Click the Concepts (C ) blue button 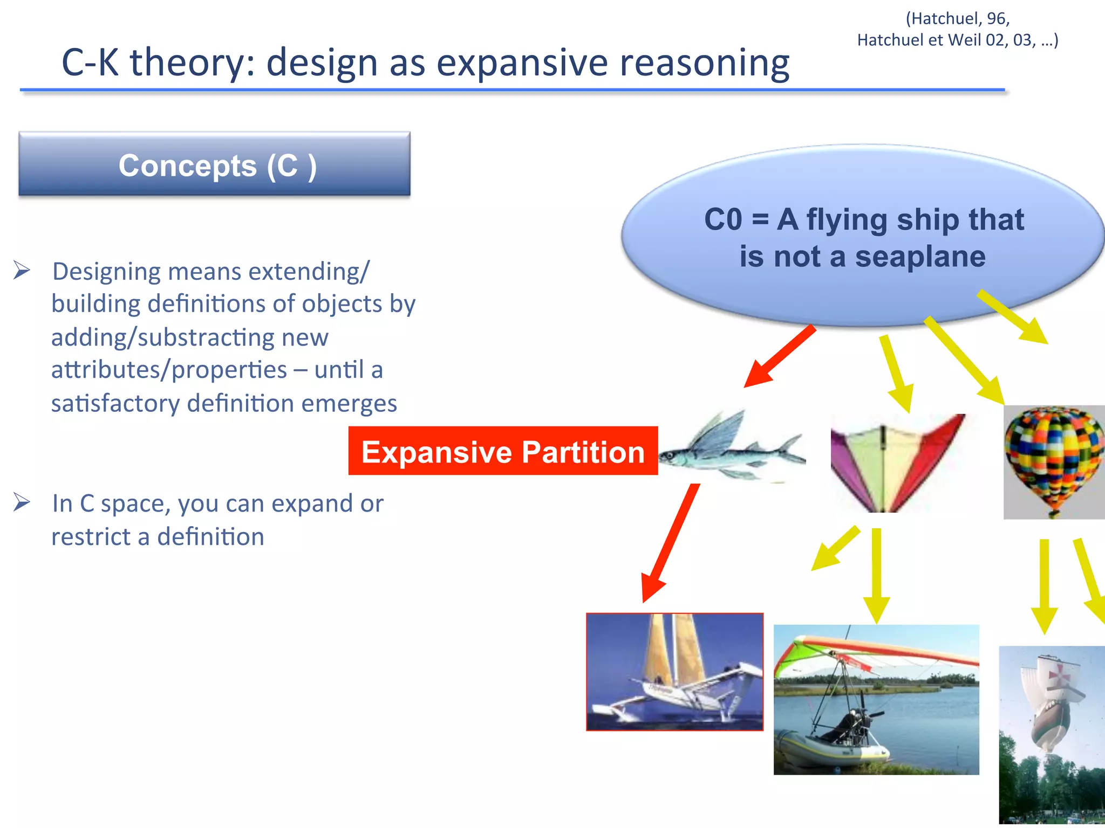coord(214,164)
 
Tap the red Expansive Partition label coord(503,451)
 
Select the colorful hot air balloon coord(1054,461)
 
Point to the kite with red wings coord(898,463)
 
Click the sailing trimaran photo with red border coord(674,672)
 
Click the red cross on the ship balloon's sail coord(1061,674)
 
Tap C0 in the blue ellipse coord(723,220)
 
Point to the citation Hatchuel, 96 coord(957,19)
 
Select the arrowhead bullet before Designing coord(22,270)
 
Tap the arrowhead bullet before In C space coord(22,502)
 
